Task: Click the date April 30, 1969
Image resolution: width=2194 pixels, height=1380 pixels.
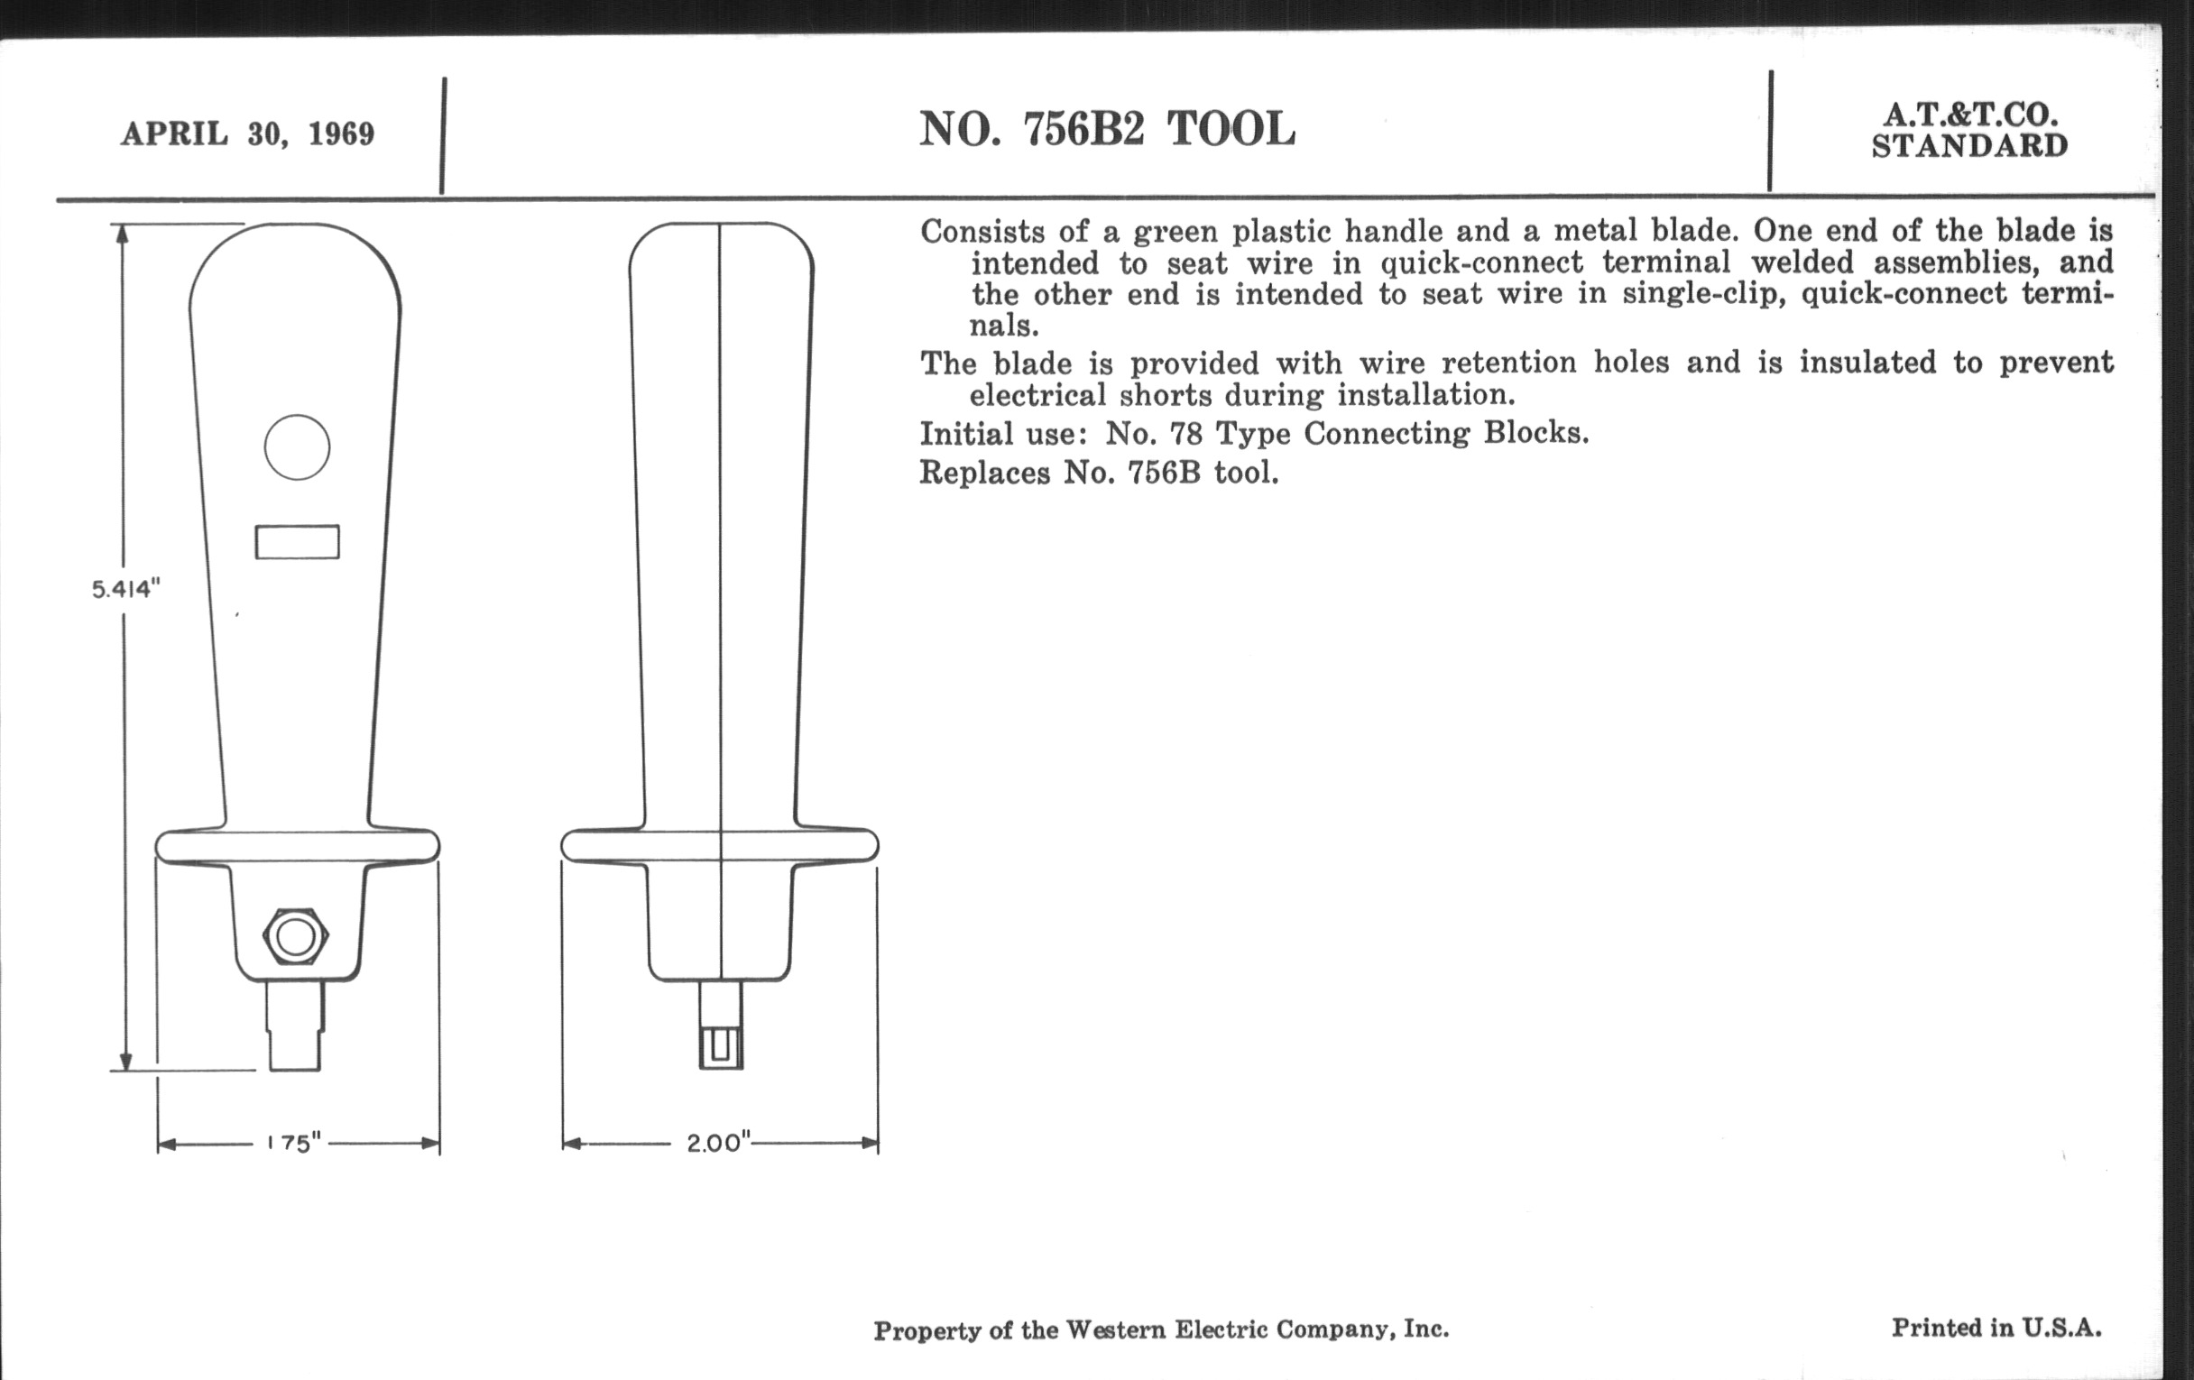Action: (248, 133)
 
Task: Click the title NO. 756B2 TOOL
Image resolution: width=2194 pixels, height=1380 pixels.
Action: (1106, 129)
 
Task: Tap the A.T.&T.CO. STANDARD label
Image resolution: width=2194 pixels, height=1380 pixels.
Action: (1969, 130)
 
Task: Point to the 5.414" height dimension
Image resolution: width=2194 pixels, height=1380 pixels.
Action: (125, 589)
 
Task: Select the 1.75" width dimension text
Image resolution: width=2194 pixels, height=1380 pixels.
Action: (294, 1143)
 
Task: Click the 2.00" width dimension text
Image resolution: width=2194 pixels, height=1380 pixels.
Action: (719, 1142)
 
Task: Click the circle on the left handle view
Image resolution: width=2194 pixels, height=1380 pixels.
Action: (297, 447)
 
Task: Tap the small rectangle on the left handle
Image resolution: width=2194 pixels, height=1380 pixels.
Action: (297, 542)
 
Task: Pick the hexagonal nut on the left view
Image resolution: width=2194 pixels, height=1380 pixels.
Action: (295, 935)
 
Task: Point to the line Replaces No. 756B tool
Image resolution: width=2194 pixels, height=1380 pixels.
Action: (1099, 473)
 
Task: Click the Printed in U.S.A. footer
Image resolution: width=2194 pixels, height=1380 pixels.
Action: (1996, 1327)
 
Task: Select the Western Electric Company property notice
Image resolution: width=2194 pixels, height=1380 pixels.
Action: (1161, 1329)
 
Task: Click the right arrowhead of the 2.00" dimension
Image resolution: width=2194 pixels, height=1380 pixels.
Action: (871, 1143)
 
